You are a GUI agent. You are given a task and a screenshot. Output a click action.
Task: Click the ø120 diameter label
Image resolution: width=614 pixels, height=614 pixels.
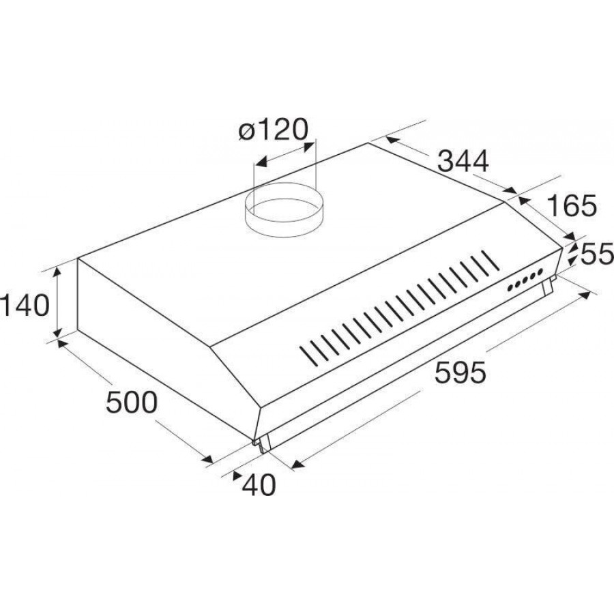274,130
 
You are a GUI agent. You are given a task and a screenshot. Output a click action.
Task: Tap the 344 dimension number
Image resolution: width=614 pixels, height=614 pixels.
463,160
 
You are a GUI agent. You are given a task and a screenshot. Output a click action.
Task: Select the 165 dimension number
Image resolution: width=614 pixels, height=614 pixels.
571,205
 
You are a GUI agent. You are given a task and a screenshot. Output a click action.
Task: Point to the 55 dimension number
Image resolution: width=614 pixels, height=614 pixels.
597,254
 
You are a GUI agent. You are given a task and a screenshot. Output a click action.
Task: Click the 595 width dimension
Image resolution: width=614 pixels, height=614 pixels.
460,372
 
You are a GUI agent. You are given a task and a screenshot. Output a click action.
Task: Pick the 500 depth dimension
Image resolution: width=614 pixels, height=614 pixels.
132,402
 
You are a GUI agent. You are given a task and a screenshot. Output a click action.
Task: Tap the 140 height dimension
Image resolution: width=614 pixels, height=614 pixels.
25,306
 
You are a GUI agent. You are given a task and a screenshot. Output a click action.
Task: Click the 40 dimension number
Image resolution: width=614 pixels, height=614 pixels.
259,485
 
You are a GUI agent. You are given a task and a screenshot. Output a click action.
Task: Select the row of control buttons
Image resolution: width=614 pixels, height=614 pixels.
525,280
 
